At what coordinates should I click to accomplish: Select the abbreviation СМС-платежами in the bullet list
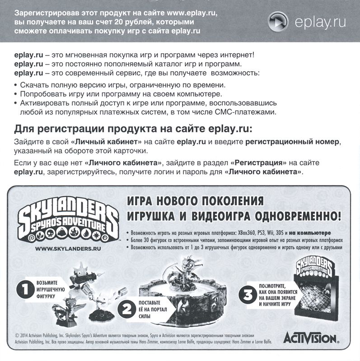(x=250, y=111)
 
